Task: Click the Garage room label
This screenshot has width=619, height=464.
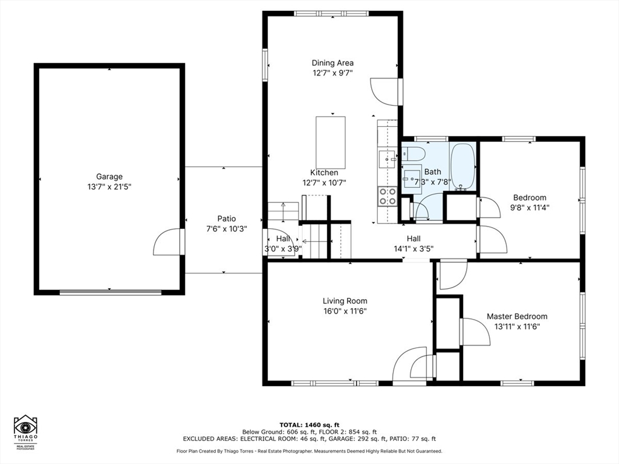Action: click(109, 177)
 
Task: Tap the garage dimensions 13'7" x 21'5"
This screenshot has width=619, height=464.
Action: click(109, 187)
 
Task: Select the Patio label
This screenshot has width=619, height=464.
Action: click(227, 219)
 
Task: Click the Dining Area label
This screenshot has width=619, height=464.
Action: click(332, 63)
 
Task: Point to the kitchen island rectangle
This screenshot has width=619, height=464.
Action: click(331, 143)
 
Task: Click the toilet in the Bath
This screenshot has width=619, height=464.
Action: click(413, 153)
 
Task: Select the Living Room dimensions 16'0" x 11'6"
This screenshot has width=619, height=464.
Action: click(345, 311)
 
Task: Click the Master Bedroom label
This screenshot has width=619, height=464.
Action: click(517, 317)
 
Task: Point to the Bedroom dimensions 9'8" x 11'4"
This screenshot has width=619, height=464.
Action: click(530, 207)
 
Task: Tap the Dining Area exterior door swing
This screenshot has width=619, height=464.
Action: click(384, 91)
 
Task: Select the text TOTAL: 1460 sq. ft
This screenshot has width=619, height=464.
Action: click(309, 424)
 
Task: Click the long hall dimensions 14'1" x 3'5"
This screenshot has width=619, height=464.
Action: click(413, 248)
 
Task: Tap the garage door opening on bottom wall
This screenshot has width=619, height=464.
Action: click(111, 292)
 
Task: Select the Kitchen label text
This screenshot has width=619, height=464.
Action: click(324, 173)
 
